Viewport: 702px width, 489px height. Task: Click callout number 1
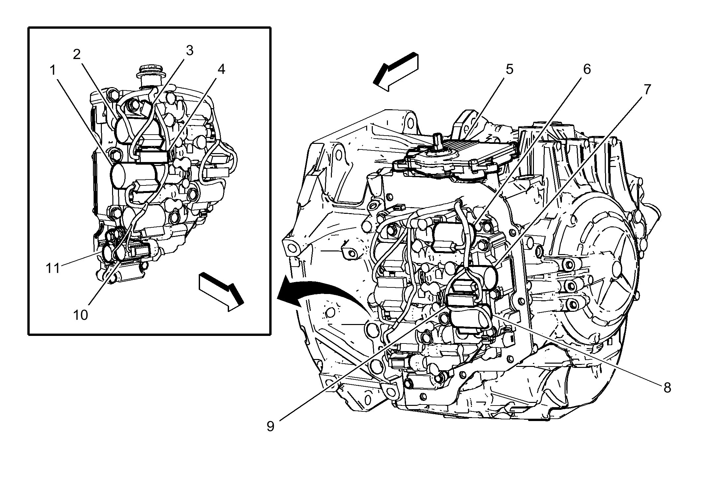(x=53, y=70)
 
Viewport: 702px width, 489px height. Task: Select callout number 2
(x=76, y=54)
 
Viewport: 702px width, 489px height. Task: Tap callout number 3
(x=189, y=50)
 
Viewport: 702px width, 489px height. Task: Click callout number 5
(x=509, y=69)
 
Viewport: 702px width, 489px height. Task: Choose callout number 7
(x=647, y=89)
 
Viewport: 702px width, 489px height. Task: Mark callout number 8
(x=667, y=388)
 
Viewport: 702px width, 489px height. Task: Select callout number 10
(x=80, y=315)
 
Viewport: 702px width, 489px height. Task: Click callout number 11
(x=53, y=268)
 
